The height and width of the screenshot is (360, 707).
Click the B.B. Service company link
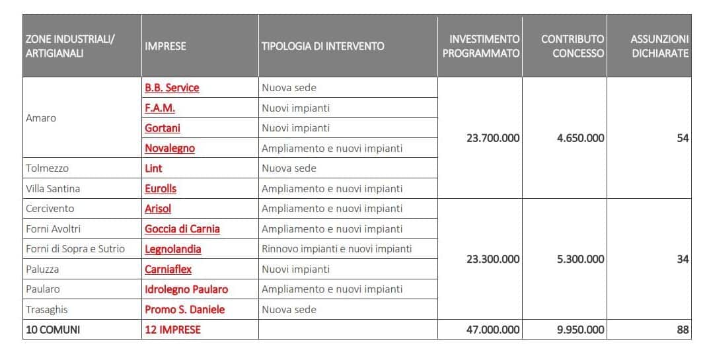pos(172,88)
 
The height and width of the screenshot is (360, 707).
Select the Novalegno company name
pos(170,148)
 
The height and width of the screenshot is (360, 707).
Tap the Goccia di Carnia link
pos(182,229)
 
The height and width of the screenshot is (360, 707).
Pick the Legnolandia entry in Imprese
pos(173,249)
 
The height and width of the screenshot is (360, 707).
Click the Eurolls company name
pos(161,188)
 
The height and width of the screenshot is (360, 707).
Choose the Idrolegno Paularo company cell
pos(186,289)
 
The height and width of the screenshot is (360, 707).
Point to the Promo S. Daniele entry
pos(185,309)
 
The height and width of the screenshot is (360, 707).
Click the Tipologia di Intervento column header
pos(322,46)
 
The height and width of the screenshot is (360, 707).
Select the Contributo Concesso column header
pos(572,46)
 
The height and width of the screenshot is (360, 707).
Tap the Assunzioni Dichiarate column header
pos(659,46)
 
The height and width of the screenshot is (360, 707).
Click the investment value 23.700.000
pos(493,138)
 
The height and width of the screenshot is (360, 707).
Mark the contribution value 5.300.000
pos(581,259)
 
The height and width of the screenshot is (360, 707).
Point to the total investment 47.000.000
pos(493,330)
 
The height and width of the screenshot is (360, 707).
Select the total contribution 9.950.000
pos(581,330)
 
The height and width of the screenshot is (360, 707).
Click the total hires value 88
pos(683,330)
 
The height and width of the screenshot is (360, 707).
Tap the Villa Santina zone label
pos(53,188)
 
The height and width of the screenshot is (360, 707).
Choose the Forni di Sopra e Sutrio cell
pos(75,249)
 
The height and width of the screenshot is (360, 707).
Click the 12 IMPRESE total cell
pos(172,330)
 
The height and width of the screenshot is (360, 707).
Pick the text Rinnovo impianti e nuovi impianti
pos(337,249)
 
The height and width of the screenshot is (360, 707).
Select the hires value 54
pos(683,138)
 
